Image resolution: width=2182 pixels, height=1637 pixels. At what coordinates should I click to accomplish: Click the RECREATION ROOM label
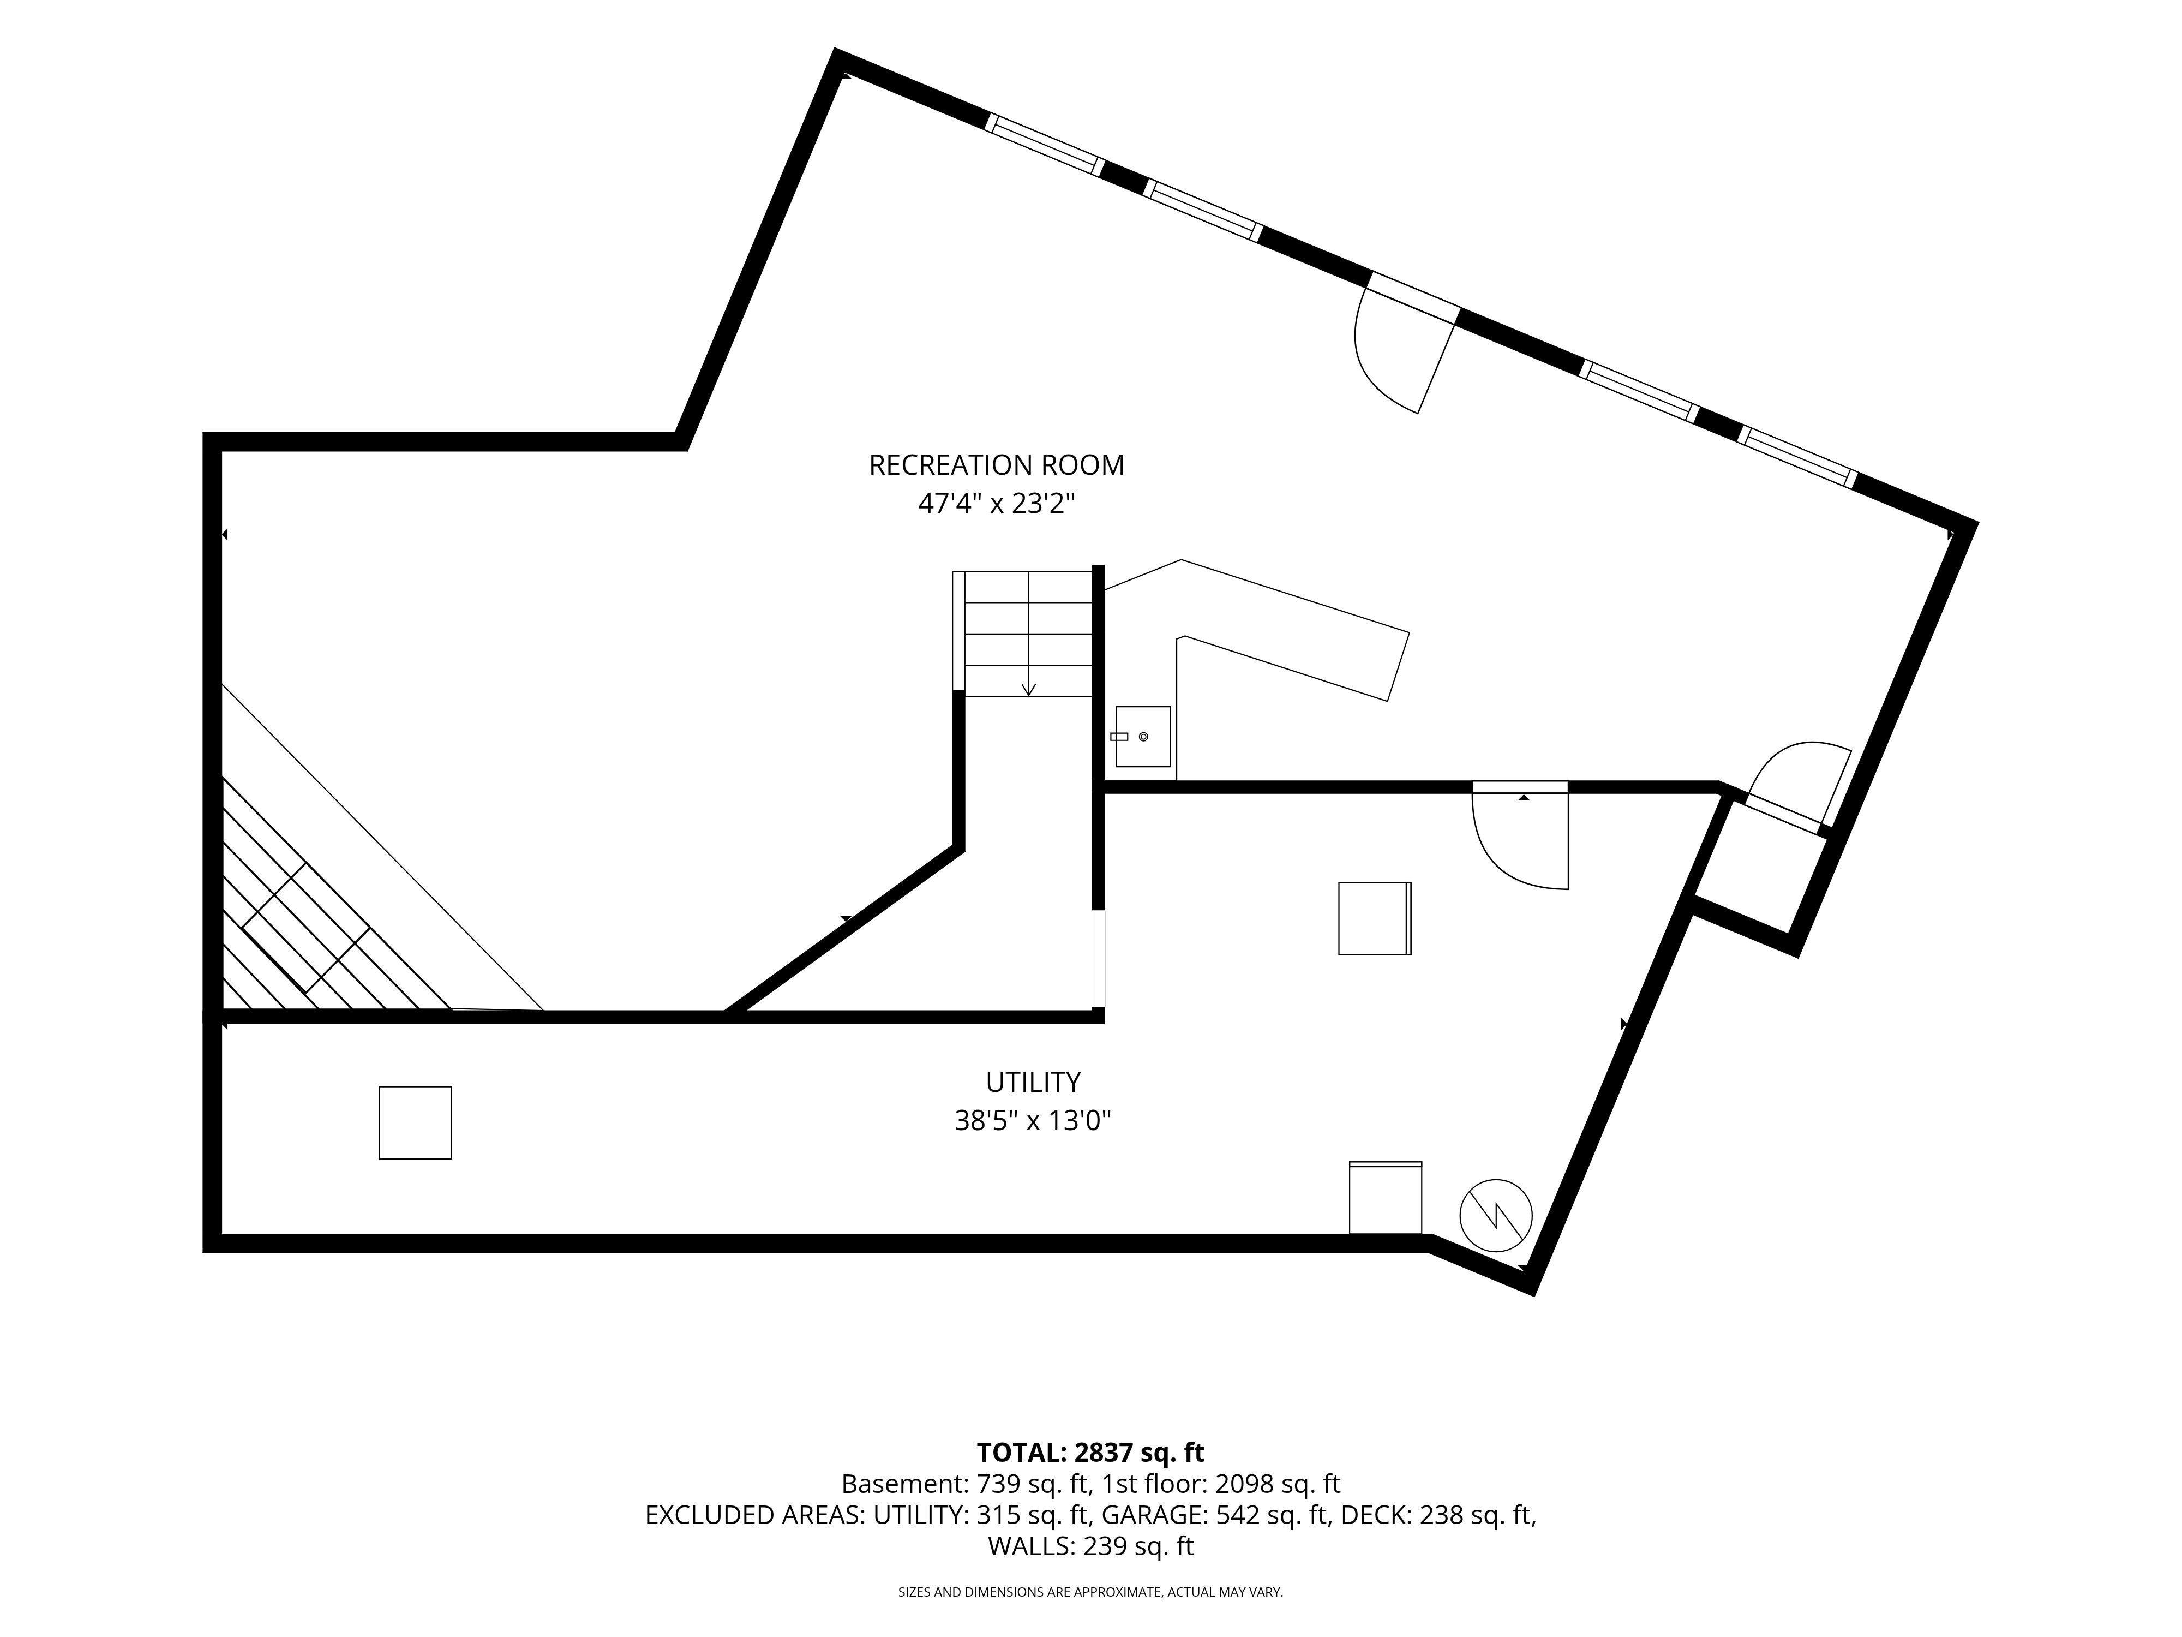[996, 465]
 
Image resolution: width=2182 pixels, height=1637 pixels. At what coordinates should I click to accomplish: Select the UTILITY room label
[1033, 1083]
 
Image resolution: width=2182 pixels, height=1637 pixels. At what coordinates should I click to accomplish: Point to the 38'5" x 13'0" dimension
[1033, 1121]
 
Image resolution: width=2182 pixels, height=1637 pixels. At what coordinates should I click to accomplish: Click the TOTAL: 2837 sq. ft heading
[1090, 1453]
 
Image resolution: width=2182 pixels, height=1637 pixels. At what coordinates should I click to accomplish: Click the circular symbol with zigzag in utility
[1495, 1215]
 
